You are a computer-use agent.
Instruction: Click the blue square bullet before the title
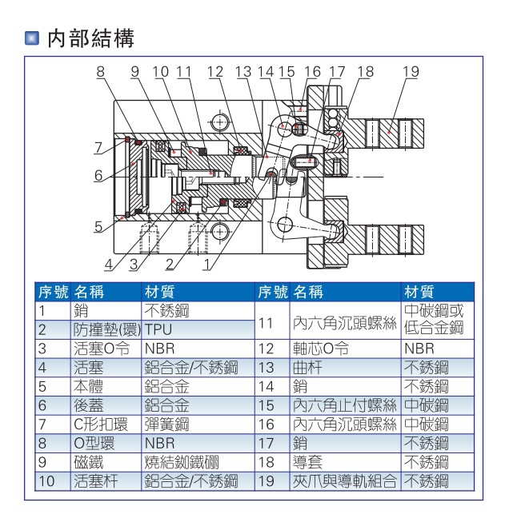pyautogui.click(x=33, y=38)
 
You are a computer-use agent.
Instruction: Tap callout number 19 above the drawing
pyautogui.click(x=411, y=71)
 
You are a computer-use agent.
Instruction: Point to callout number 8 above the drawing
pyautogui.click(x=101, y=71)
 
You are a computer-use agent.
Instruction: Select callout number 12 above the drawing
pyautogui.click(x=214, y=71)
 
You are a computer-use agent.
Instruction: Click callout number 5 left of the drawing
pyautogui.click(x=98, y=226)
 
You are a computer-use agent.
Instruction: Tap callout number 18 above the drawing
pyautogui.click(x=365, y=71)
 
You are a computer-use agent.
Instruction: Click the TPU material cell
pyautogui.click(x=158, y=329)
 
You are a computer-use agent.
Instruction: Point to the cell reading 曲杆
pyautogui.click(x=307, y=367)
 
